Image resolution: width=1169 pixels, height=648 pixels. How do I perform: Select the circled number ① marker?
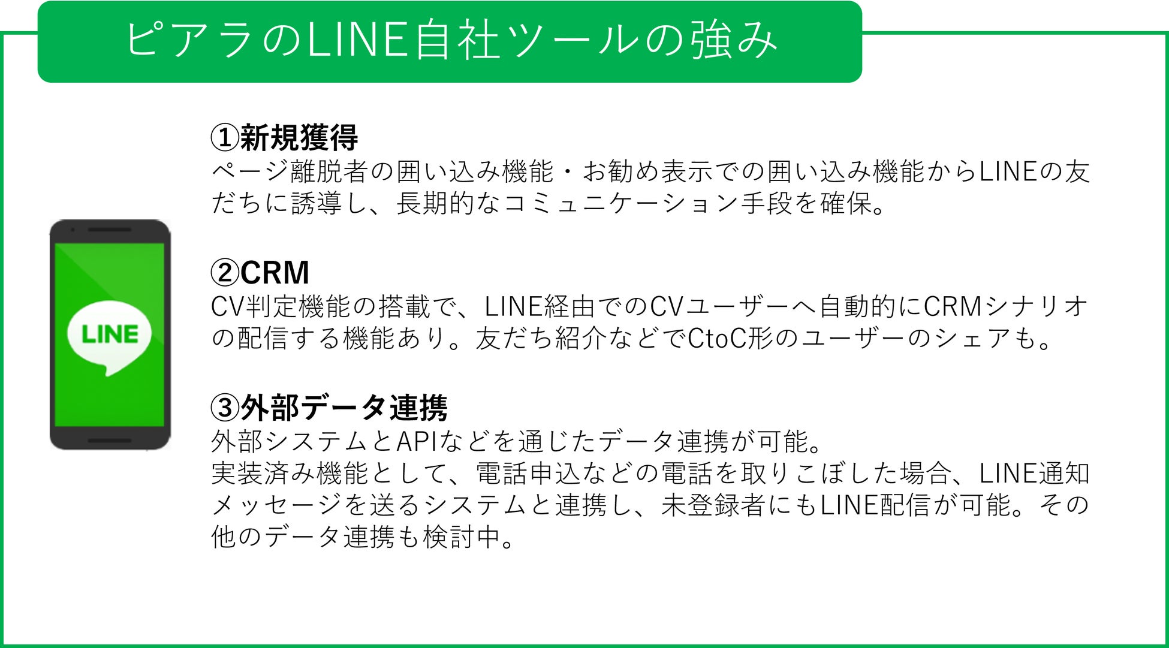coord(225,138)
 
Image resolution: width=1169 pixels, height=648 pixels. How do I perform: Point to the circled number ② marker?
coord(225,273)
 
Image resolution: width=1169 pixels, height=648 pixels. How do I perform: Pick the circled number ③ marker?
coord(225,408)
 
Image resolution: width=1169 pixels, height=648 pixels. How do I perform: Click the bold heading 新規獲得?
coord(299,138)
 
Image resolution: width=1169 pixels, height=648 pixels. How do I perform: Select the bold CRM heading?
coord(275,273)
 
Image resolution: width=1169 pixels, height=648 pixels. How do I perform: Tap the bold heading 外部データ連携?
coord(344,408)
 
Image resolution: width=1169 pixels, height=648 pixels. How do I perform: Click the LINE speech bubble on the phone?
coord(110,336)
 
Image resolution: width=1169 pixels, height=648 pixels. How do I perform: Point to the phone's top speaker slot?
coord(110,230)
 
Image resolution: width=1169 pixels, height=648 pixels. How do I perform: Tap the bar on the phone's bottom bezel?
coord(110,441)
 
